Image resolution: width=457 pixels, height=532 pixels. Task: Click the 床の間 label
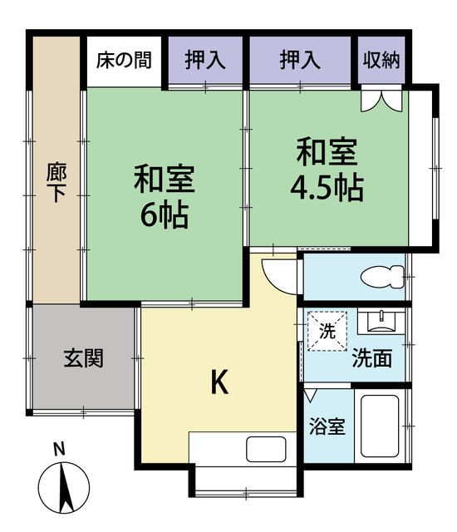tap(124, 61)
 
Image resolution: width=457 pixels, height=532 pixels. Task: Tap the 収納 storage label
tap(381, 61)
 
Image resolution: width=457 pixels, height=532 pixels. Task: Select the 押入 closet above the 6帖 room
tap(205, 61)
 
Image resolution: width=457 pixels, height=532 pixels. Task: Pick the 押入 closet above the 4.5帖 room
tap(300, 61)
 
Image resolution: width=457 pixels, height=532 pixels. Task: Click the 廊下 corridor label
tap(57, 183)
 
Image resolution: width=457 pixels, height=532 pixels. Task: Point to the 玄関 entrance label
tap(84, 358)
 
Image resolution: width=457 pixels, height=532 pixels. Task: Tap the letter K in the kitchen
tap(219, 382)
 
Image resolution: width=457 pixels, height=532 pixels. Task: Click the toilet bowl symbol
tap(382, 277)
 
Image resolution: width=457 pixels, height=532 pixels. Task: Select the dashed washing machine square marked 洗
tap(327, 331)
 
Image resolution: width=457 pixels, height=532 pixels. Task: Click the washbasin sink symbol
tap(381, 323)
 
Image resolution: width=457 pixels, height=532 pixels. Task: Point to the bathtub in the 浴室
tap(380, 426)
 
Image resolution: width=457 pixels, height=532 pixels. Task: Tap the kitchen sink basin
tap(266, 449)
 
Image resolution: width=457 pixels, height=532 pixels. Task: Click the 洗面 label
tap(372, 358)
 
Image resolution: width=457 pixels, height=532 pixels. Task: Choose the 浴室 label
tap(327, 426)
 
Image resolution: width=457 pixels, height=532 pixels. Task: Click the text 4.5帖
tap(327, 188)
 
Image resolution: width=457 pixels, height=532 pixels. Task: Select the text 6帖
tap(165, 215)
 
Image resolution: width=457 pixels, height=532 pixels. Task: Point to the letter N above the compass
tap(60, 450)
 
